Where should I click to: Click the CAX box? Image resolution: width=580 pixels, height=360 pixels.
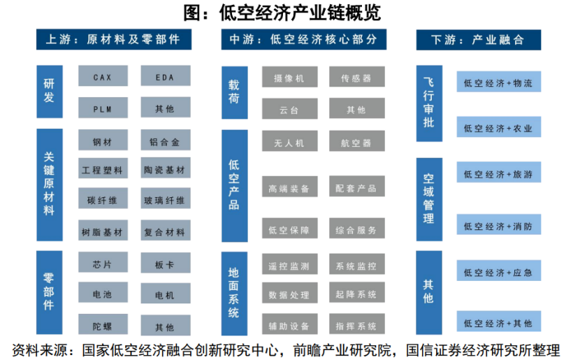[103, 76]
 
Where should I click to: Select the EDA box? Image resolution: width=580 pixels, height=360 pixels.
[166, 76]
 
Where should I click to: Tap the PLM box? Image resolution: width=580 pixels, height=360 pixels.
[103, 108]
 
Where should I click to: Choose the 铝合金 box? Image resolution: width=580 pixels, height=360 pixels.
[166, 141]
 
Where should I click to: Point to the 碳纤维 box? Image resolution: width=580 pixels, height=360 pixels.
[103, 199]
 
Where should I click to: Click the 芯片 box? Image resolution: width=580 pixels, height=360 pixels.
[103, 263]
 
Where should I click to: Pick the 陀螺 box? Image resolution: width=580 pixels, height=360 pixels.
[103, 325]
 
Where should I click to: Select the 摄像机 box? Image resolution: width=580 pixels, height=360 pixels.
[289, 77]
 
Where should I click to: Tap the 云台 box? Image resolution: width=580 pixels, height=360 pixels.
[289, 109]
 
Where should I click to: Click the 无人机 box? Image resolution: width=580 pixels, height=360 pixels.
[289, 141]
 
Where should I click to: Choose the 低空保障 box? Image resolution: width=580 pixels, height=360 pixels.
[289, 229]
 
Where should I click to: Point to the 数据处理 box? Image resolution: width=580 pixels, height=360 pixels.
[289, 293]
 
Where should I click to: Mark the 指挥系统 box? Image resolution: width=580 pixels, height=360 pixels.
[357, 324]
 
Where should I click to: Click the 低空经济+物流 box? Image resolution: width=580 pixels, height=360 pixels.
[499, 82]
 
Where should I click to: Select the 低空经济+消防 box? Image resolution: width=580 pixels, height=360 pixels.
[499, 224]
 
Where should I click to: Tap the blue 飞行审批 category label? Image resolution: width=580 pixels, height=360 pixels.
[429, 103]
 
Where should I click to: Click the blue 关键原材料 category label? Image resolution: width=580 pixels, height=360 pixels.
[50, 185]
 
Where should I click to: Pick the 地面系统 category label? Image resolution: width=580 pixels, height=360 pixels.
[234, 294]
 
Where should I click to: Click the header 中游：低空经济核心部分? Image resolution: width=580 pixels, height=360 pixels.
[304, 39]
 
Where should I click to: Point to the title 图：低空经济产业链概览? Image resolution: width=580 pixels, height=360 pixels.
[282, 13]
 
